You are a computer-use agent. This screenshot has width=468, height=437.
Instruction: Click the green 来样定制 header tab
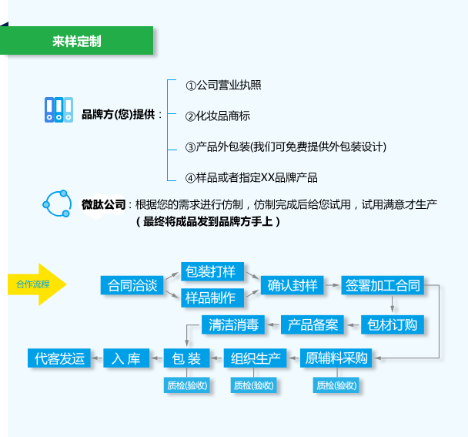[76, 41]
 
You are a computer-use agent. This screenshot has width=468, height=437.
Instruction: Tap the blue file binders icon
[58, 110]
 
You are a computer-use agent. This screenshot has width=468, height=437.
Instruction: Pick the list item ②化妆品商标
[218, 116]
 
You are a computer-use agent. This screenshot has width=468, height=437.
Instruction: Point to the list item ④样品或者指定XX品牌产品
[251, 177]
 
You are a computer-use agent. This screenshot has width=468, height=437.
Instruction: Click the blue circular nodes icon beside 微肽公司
[57, 203]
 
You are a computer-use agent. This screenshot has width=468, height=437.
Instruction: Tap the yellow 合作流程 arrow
[37, 284]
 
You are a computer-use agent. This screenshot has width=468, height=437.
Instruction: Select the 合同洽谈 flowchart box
[132, 286]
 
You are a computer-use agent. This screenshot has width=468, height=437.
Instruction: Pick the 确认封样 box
[292, 286]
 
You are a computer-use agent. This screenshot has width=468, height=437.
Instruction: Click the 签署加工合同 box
[383, 286]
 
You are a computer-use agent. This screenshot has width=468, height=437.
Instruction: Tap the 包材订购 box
[393, 324]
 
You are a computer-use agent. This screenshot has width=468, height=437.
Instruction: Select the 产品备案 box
[313, 324]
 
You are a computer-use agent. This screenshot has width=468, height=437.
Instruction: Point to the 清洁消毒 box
[232, 324]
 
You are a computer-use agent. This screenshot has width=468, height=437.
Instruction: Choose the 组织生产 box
[255, 358]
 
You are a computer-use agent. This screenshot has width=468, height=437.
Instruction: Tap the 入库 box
[126, 358]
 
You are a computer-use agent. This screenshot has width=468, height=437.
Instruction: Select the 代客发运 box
[58, 358]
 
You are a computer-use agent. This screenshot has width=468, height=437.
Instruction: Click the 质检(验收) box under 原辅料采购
[336, 385]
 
